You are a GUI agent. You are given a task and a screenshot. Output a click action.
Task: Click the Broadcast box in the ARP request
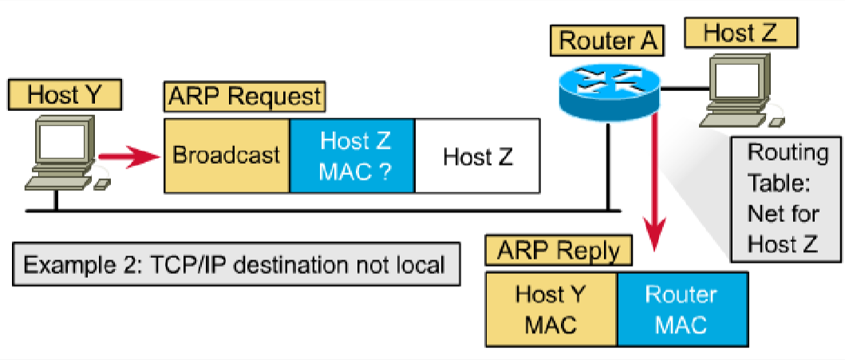227,155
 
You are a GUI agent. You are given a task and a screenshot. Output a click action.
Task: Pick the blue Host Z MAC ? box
352,155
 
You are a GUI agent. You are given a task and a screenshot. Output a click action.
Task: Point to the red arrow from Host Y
128,155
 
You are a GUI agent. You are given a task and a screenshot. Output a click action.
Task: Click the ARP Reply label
558,250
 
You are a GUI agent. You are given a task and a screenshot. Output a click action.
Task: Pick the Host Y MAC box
551,308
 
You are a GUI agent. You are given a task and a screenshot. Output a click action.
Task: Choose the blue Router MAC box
681,308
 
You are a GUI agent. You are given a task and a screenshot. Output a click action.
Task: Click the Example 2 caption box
236,264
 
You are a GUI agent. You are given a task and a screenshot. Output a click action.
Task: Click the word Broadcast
227,155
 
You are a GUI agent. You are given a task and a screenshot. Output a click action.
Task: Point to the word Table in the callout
777,183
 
